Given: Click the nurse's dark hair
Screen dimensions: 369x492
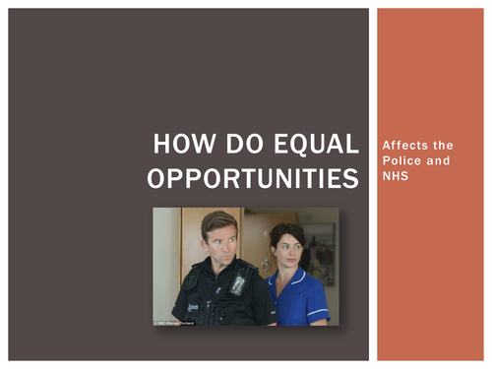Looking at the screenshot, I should point(285,231).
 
